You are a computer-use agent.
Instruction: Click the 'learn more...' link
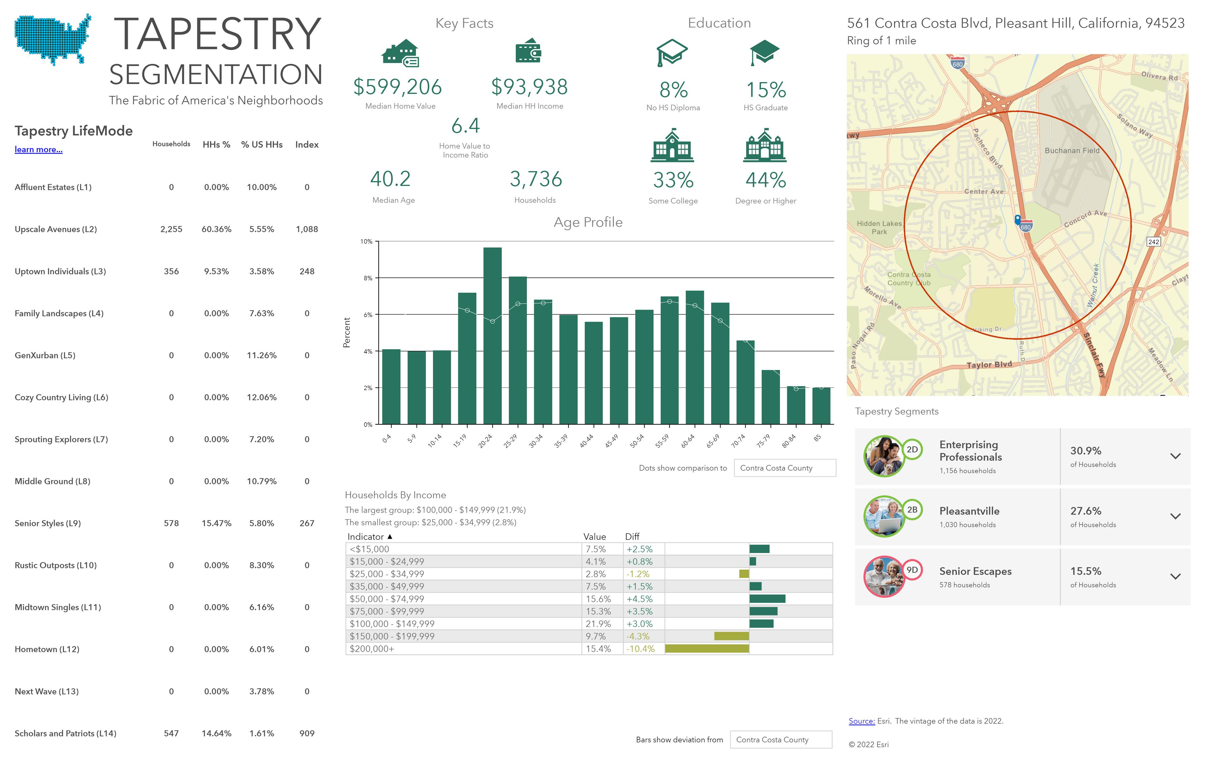39,150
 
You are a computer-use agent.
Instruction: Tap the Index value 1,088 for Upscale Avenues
307,229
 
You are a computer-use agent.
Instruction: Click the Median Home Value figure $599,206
398,87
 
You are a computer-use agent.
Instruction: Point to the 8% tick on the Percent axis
368,278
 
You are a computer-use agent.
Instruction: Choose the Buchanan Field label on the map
1072,151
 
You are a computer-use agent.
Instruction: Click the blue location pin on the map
1018,219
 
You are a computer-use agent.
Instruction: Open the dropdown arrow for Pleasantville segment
1175,516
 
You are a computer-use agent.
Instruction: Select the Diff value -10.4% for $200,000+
640,649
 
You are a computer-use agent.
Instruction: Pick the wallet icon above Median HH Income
528,51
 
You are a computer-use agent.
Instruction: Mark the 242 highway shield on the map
1154,241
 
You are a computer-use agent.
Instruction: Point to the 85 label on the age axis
818,438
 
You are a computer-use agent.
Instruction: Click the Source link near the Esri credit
862,721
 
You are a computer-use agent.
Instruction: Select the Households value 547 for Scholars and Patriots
171,733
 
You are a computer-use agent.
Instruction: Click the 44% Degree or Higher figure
766,180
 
